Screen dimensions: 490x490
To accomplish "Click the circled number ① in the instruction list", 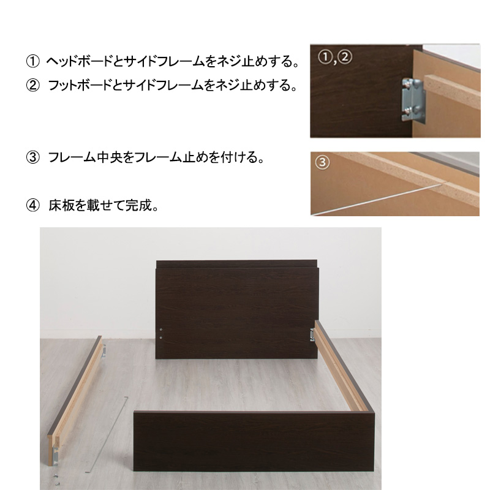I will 32,62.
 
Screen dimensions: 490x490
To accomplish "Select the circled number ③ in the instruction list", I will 32,158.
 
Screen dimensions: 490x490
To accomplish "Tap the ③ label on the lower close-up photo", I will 323,163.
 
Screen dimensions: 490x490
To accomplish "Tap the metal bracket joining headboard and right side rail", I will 313,333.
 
